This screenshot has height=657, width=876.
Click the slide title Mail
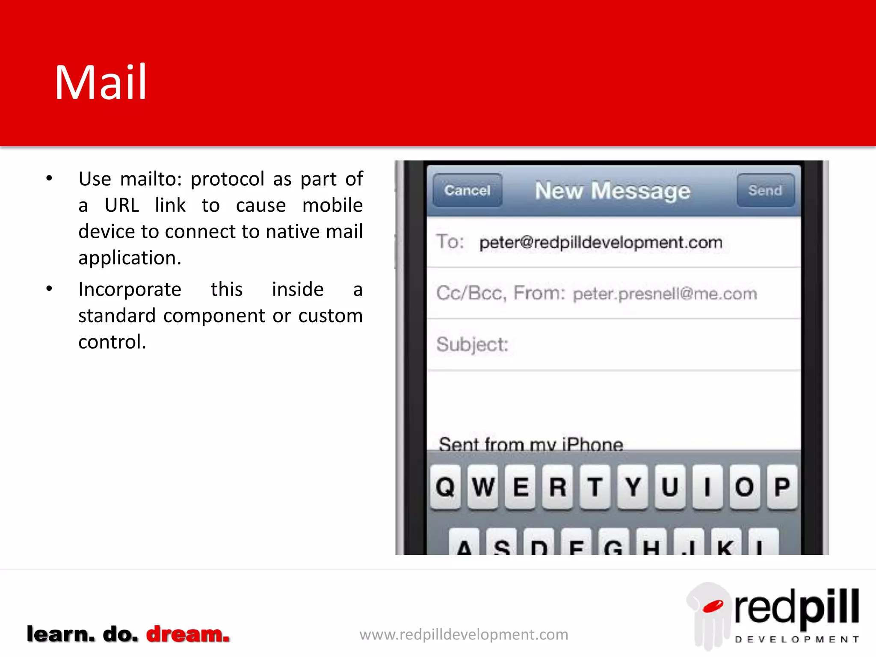coord(101,83)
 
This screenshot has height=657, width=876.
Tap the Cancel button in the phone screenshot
coord(467,190)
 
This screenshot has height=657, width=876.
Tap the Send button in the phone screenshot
coord(765,190)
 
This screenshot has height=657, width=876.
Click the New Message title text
coord(613,191)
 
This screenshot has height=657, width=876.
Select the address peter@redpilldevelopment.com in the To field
coord(601,243)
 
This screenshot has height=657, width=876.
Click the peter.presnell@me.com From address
coord(665,294)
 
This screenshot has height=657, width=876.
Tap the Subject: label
coord(472,345)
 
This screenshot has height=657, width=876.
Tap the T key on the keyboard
coord(595,487)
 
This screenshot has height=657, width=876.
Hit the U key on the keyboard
coord(670,487)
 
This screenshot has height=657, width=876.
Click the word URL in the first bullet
coord(122,205)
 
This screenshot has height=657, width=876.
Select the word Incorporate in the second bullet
coord(130,290)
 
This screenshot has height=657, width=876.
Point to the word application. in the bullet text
coord(130,258)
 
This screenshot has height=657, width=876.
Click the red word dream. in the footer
coord(188,634)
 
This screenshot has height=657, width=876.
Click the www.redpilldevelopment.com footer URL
coord(464,634)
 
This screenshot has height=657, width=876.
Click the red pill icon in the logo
coord(713,606)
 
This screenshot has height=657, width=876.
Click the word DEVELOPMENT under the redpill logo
coord(796,639)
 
